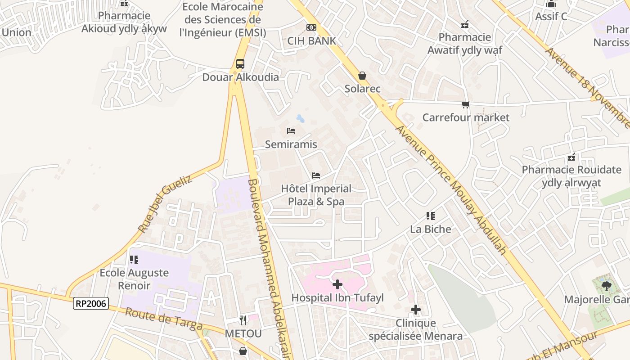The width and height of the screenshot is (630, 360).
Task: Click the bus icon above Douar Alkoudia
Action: [x=240, y=64]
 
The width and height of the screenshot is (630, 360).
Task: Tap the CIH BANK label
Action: [x=312, y=41]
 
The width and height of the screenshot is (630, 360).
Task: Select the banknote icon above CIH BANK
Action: [x=311, y=27]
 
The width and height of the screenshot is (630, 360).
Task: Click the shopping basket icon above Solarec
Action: [x=362, y=76]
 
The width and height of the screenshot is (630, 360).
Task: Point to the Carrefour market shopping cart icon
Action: [x=466, y=105]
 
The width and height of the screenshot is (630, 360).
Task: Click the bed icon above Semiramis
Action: [x=291, y=131]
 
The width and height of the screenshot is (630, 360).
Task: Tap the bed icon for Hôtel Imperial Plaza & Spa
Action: [x=316, y=175]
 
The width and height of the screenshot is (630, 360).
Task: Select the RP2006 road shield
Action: [x=91, y=304]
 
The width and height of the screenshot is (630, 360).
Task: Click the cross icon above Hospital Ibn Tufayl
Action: [x=337, y=284]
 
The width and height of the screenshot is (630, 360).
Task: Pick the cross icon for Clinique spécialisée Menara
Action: [x=416, y=310]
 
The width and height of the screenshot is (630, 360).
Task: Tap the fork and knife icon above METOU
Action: [x=243, y=320]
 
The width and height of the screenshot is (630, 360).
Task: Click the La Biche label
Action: [x=431, y=229]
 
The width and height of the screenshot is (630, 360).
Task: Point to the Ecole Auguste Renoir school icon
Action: [x=134, y=260]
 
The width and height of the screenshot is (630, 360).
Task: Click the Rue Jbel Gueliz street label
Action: [x=165, y=204]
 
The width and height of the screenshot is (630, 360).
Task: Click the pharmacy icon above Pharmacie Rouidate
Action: [x=571, y=157]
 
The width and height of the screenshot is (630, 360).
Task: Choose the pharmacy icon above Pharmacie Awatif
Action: [x=465, y=24]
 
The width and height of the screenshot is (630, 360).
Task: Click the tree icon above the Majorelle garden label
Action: [x=606, y=285]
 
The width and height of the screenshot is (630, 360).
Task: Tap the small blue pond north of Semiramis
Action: [x=300, y=119]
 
